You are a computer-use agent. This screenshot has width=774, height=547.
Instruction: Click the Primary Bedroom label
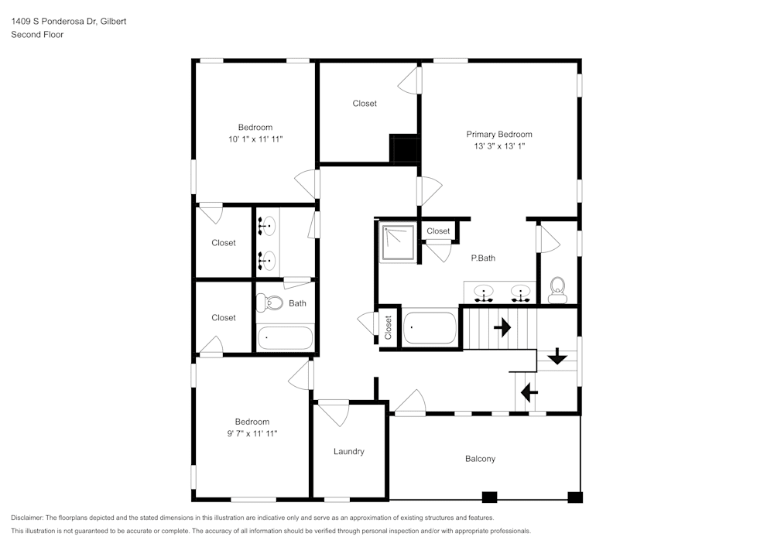[498, 134]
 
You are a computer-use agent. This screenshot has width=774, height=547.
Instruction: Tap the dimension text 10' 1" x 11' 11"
[255, 139]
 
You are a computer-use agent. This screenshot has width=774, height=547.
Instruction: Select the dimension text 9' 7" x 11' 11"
[252, 434]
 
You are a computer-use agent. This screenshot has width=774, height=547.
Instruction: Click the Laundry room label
[348, 451]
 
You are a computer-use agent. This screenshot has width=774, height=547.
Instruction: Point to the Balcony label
[480, 459]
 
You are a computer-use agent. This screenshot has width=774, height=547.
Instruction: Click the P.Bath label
[483, 258]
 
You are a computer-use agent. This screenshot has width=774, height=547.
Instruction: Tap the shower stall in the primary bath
[397, 242]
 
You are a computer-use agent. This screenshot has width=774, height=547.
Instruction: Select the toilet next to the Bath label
[269, 303]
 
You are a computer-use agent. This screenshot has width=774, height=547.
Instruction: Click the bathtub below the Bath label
[285, 338]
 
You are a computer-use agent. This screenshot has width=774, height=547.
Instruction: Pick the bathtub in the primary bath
[430, 327]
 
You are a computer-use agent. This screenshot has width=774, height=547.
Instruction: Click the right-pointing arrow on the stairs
[502, 328]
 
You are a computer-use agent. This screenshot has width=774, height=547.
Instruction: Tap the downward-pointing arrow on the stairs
[557, 358]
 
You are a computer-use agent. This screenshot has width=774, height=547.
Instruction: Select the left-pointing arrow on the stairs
[529, 393]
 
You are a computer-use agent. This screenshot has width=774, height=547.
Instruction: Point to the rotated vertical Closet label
[389, 327]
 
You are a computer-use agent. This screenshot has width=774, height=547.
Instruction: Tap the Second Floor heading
[37, 35]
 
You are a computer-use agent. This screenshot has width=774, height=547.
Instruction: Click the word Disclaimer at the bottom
[27, 518]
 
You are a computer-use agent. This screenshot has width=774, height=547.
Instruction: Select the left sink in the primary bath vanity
[485, 294]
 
